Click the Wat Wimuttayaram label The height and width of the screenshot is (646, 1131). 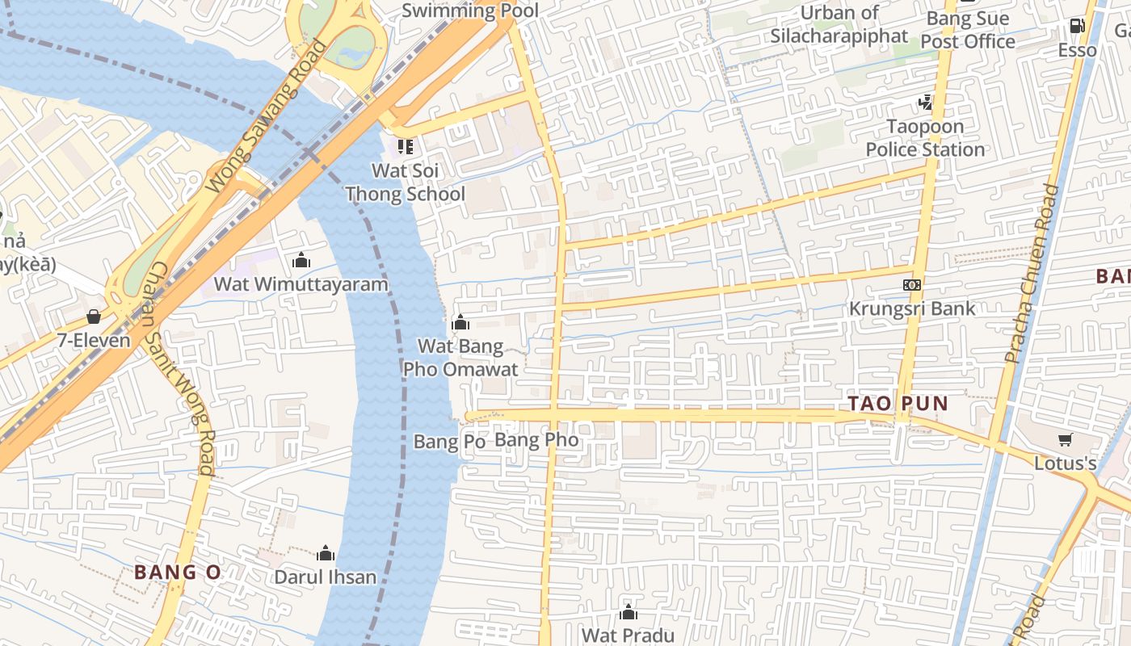pyautogui.click(x=301, y=285)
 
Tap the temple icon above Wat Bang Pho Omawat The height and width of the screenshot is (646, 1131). pyautogui.click(x=460, y=323)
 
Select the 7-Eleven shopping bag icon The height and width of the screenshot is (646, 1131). pyautogui.click(x=94, y=317)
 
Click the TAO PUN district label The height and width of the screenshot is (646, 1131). pyautogui.click(x=898, y=403)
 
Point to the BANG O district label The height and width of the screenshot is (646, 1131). pyautogui.click(x=177, y=573)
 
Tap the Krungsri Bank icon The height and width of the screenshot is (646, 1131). pyautogui.click(x=911, y=285)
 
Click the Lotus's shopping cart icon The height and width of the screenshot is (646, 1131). pyautogui.click(x=1065, y=440)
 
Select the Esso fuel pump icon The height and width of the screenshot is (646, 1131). pyautogui.click(x=1077, y=26)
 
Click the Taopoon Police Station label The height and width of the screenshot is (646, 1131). pyautogui.click(x=925, y=138)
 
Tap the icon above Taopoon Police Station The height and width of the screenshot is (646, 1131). pyautogui.click(x=925, y=103)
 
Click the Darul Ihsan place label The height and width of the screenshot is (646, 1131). pyautogui.click(x=325, y=577)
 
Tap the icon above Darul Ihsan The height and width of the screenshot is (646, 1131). pyautogui.click(x=326, y=553)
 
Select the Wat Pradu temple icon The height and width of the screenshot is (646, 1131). pyautogui.click(x=628, y=613)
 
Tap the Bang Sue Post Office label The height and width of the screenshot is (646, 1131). pyautogui.click(x=967, y=30)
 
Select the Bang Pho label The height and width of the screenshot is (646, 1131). pyautogui.click(x=536, y=440)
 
